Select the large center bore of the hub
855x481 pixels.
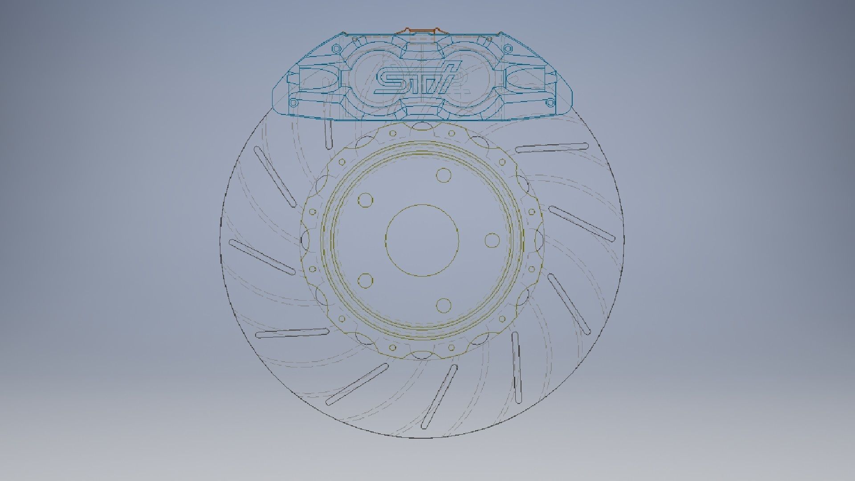[422, 240]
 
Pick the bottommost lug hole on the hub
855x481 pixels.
[444, 305]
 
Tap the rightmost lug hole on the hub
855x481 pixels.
[492, 240]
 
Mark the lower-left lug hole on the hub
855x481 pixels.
[365, 281]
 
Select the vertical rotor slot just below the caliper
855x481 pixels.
[329, 134]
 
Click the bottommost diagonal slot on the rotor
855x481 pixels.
[440, 396]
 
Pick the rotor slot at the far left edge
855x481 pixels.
[262, 257]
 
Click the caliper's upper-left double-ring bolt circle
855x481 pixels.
[335, 48]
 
